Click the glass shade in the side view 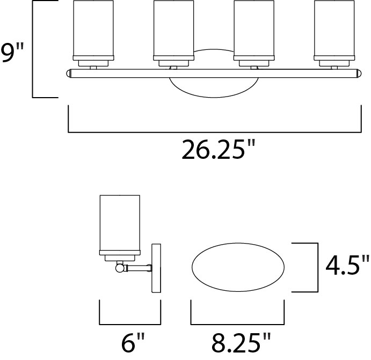coord(120,223)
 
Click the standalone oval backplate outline coord(238,267)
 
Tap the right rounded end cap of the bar coord(359,74)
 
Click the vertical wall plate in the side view coord(157,268)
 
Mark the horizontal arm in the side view coord(139,266)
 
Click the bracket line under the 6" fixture coord(130,324)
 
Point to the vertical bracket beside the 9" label coord(33,49)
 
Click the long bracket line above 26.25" coord(214,131)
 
